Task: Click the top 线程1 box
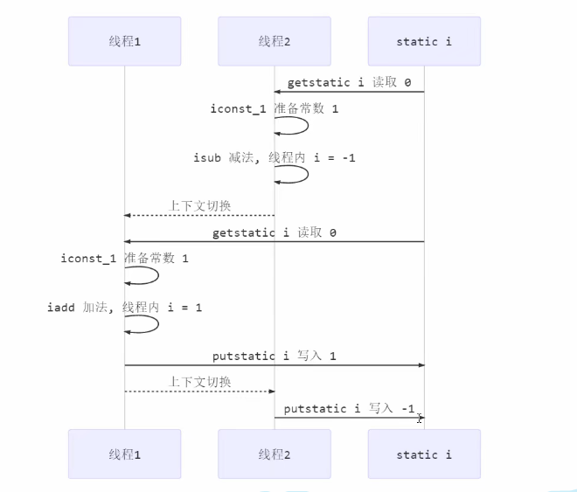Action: [x=124, y=41]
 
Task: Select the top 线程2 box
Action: [x=274, y=41]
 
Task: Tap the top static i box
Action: [x=424, y=41]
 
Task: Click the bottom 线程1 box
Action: [x=124, y=454]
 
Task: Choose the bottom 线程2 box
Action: [x=274, y=454]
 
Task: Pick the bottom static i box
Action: [x=424, y=454]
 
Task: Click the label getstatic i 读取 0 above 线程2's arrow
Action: [x=349, y=82]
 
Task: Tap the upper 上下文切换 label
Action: [x=200, y=206]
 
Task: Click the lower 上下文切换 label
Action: [x=200, y=382]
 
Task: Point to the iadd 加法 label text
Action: [x=125, y=308]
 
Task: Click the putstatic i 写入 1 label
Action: [x=275, y=357]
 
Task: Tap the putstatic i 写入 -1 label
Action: [x=349, y=408]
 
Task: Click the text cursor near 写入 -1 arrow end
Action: [x=421, y=418]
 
